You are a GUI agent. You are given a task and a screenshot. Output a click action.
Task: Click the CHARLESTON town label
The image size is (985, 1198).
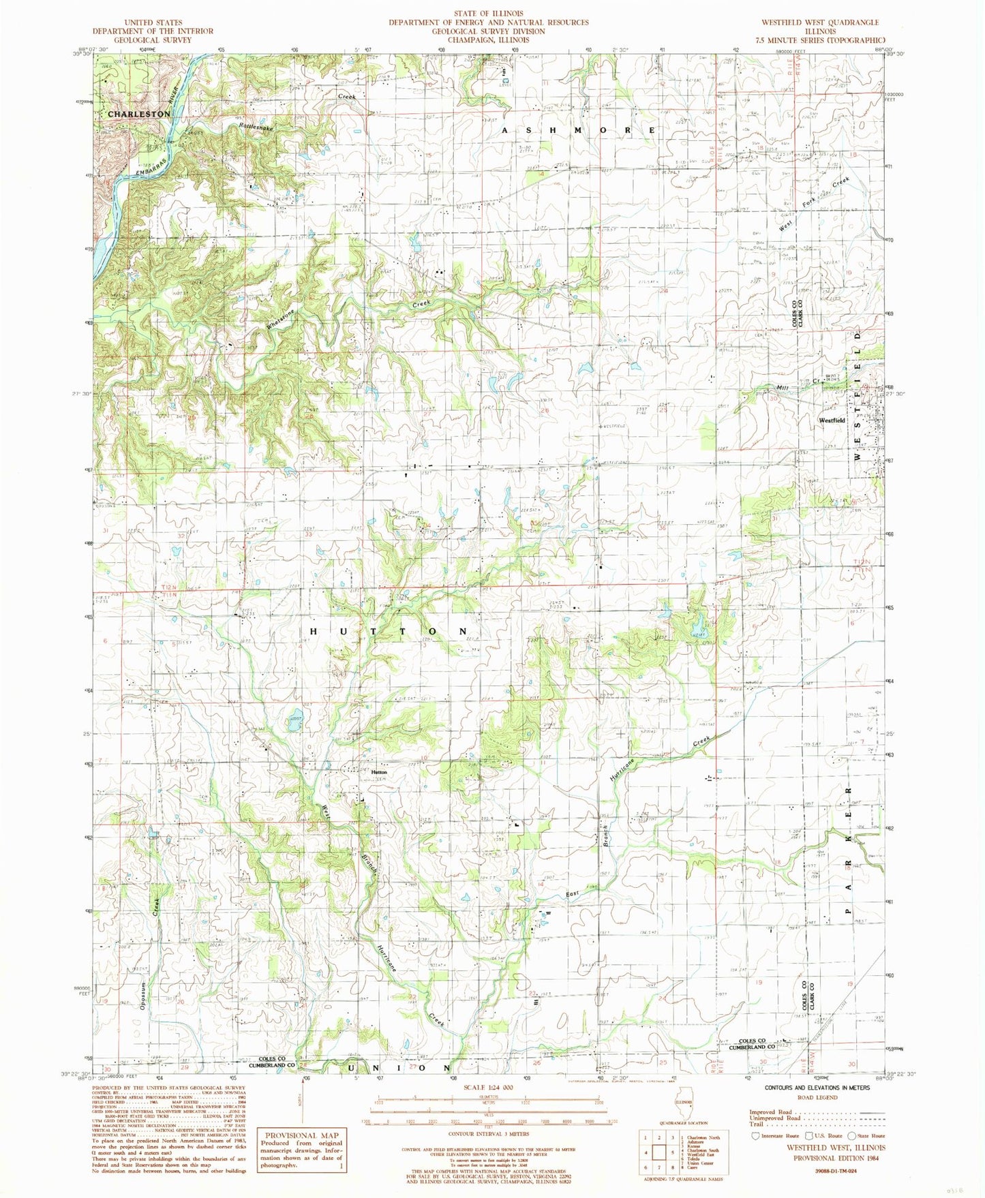(x=139, y=114)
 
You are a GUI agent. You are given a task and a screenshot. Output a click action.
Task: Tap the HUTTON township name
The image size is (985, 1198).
(x=384, y=632)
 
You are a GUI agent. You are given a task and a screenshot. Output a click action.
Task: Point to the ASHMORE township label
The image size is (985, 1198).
(x=579, y=129)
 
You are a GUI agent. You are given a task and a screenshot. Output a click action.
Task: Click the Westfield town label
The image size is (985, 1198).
(x=832, y=420)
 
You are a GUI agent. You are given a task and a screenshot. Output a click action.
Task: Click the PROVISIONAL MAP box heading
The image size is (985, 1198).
(x=301, y=1135)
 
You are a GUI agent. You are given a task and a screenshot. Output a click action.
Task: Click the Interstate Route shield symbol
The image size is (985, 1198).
(x=755, y=1136)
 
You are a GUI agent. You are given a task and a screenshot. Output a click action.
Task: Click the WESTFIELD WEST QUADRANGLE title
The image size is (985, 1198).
(x=820, y=22)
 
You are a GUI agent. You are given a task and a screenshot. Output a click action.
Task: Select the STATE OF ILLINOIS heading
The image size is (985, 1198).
(x=489, y=13)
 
